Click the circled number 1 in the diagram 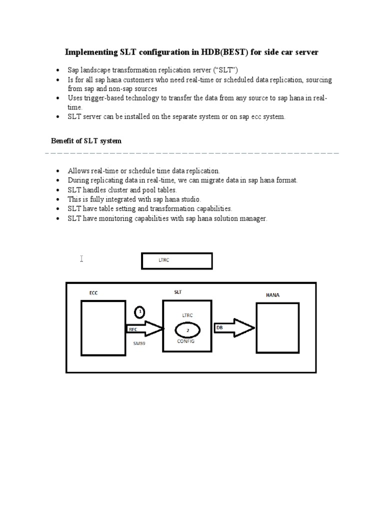click(x=140, y=312)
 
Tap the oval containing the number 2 click(x=187, y=330)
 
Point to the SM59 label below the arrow click(x=139, y=343)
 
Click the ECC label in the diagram click(x=93, y=293)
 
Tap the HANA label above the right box click(x=272, y=295)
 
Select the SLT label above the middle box click(x=178, y=291)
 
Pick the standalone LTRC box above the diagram click(x=177, y=260)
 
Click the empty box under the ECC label click(x=103, y=327)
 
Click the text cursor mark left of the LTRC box click(x=81, y=258)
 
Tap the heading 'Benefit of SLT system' click(x=86, y=141)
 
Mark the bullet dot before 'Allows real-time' click(x=58, y=171)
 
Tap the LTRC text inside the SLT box click(x=187, y=315)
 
